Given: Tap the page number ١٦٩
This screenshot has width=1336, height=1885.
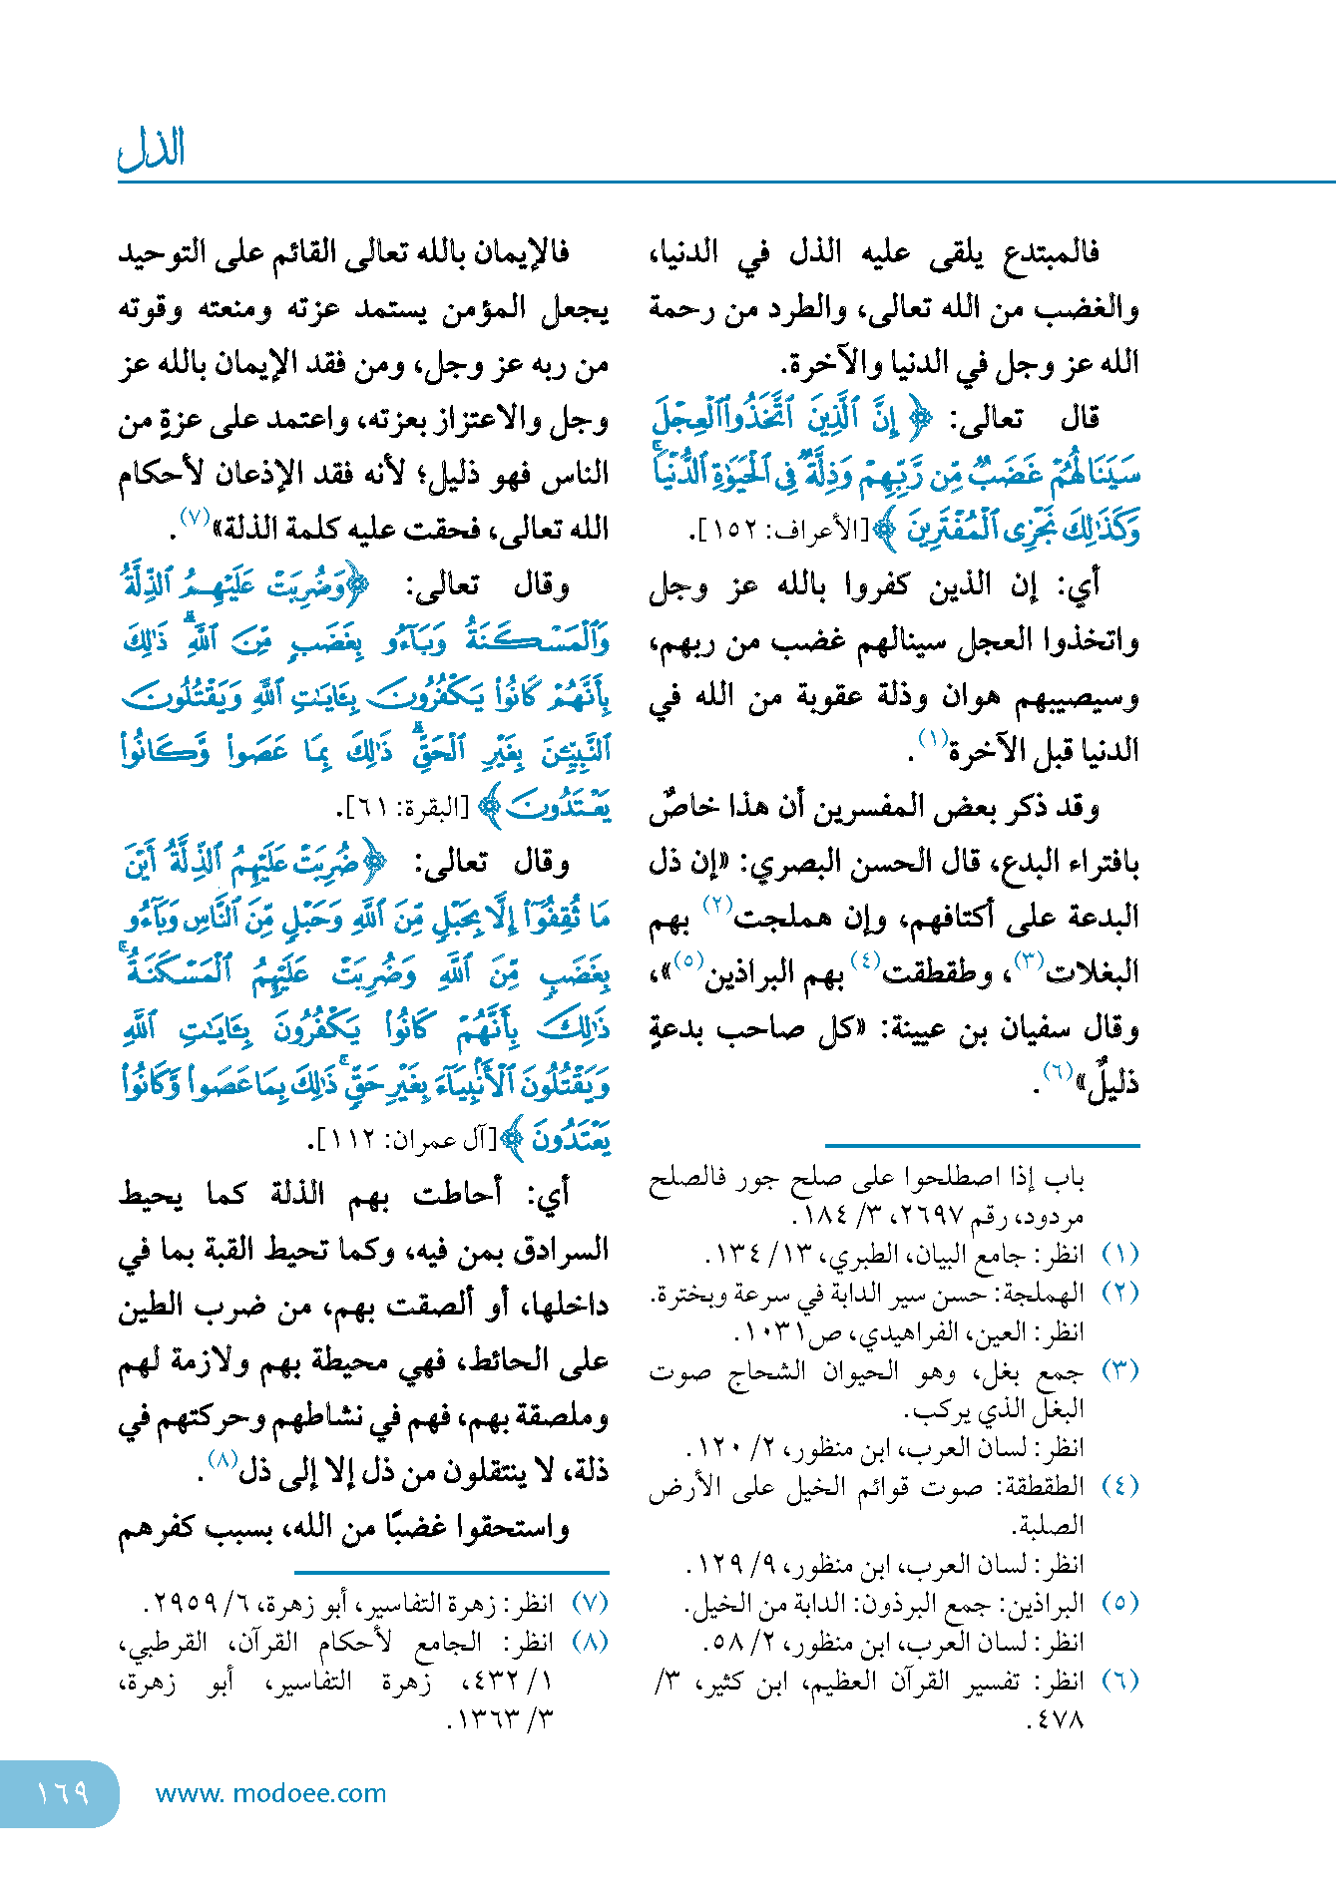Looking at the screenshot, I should point(62,1792).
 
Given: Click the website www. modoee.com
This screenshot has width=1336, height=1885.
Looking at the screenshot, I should point(270,1793).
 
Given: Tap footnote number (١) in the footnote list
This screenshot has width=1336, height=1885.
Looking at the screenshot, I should point(1119,1253).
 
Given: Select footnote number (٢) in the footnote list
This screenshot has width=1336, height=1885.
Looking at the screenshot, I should point(1119,1293).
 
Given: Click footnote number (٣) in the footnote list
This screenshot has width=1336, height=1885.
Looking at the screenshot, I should point(1119,1369).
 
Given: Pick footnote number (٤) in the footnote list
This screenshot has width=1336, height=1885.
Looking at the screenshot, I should point(1119,1486).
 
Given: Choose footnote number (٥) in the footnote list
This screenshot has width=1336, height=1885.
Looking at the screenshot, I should point(1119,1603).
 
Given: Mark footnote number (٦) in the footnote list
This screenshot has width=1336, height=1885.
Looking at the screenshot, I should point(1119,1681).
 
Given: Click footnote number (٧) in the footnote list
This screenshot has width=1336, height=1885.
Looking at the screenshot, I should point(590,1603).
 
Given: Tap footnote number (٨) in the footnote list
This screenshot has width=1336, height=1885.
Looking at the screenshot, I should point(590,1642).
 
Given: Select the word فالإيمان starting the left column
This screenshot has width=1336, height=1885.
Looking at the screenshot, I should point(519,252).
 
